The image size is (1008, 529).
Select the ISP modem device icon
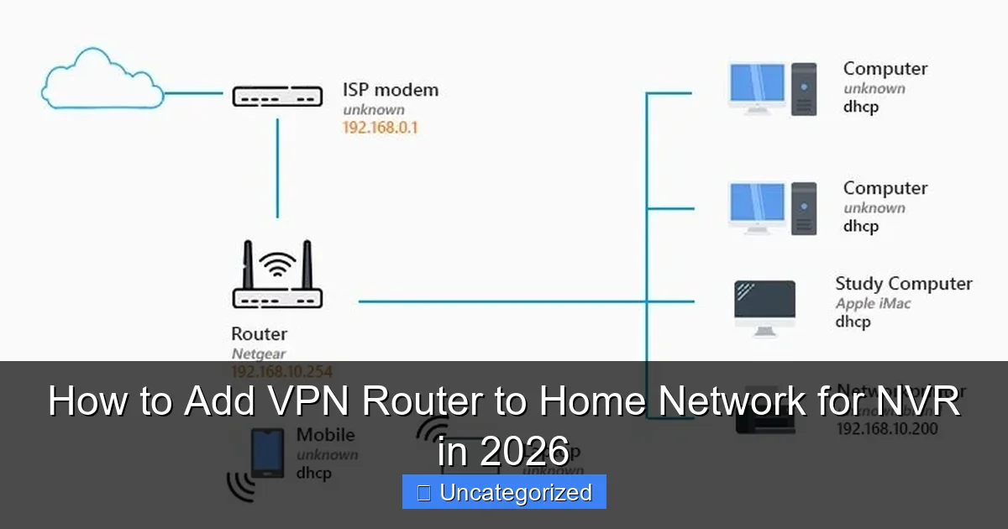tap(277, 97)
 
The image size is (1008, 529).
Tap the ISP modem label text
tap(390, 90)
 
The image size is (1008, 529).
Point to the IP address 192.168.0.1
tap(380, 128)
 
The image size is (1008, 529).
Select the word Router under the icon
tap(260, 334)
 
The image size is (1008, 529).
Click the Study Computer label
tap(903, 284)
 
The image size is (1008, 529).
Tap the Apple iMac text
tap(873, 304)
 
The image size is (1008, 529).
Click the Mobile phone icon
tap(267, 453)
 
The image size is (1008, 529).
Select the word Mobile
tap(325, 435)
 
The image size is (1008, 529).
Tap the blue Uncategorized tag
tap(504, 492)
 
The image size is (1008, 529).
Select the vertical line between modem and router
tap(277, 168)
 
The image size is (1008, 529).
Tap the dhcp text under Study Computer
tap(853, 322)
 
